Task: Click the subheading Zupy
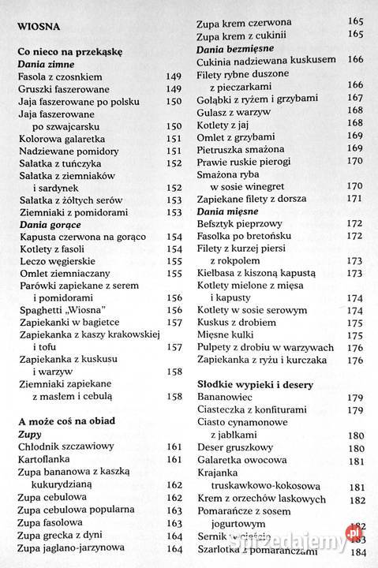tap(29, 435)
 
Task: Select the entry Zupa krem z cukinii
tap(241, 35)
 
